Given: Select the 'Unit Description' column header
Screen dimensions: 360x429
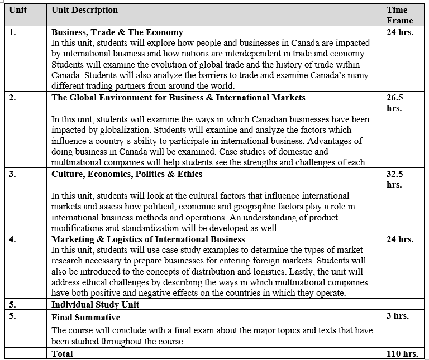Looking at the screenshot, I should point(84,10).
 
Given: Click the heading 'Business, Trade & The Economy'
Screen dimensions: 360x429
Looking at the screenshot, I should point(117,32).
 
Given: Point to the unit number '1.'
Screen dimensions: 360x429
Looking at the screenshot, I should point(13,32).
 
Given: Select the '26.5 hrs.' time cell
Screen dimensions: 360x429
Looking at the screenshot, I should point(394,103).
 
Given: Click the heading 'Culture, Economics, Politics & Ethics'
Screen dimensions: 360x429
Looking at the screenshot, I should point(127,174).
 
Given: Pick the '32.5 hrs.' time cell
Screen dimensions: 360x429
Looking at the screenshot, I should point(394,179).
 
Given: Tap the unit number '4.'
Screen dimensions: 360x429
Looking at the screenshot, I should point(13,239).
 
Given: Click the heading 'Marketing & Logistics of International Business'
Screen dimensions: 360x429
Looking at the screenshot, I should point(148,239).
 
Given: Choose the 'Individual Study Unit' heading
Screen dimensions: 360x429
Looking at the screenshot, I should point(95,305).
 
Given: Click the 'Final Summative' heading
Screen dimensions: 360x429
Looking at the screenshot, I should point(85,318).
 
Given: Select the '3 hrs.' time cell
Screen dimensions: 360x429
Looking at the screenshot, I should point(397,316).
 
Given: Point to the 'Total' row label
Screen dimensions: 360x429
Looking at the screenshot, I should point(62,354).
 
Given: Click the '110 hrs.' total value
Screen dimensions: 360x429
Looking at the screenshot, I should point(402,354).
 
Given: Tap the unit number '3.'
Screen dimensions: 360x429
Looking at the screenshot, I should point(13,174).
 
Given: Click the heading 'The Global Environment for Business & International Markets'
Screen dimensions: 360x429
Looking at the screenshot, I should point(178,98).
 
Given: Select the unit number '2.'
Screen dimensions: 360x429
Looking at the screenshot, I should point(13,98).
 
